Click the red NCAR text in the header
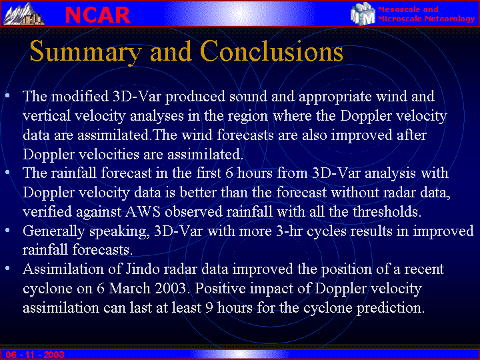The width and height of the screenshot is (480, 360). point(97,15)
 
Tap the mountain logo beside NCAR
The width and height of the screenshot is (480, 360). point(24,14)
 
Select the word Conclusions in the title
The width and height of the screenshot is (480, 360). point(271,51)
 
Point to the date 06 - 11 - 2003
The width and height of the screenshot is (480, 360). point(35,355)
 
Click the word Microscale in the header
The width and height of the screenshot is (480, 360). point(399,19)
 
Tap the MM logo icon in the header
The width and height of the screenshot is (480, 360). point(363,14)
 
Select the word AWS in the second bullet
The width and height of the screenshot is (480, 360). point(143,211)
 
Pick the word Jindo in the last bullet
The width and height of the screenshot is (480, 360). point(143,269)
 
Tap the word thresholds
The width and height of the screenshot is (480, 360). point(387,211)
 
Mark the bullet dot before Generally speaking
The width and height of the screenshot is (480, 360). point(7,229)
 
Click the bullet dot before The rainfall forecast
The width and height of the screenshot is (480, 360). point(7,172)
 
